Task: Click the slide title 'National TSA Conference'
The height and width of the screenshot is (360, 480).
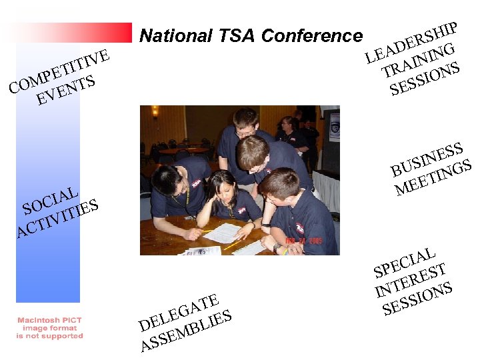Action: pos(251,37)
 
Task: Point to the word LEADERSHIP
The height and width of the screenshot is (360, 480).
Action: pos(411,42)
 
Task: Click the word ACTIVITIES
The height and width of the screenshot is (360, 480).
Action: pos(59,217)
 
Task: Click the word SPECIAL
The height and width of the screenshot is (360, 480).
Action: pos(405,262)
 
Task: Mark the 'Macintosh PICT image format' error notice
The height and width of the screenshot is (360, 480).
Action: pos(50,328)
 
